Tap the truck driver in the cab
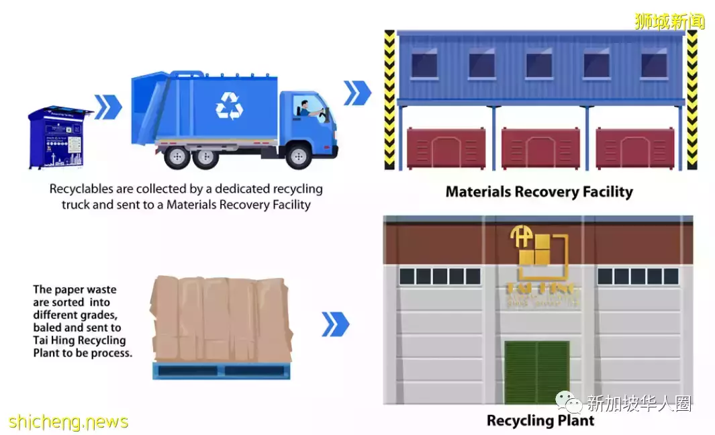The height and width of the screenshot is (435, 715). (305, 109)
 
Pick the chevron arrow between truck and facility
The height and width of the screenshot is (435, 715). (357, 93)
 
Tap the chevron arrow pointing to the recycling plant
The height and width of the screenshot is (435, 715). (335, 324)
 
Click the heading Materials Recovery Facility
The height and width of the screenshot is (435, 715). (539, 192)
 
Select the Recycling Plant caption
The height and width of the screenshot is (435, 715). (540, 421)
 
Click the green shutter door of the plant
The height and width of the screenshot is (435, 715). (536, 371)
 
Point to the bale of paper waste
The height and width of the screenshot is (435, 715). (221, 319)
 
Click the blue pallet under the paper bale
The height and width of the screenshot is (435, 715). (221, 371)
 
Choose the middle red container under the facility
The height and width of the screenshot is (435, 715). (540, 148)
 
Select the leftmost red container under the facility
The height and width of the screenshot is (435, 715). (446, 148)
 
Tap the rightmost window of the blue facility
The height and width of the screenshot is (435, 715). (653, 65)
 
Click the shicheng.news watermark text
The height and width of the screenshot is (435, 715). (68, 422)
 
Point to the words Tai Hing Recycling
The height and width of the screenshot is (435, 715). (79, 340)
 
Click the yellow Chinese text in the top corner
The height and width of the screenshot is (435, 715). (669, 21)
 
